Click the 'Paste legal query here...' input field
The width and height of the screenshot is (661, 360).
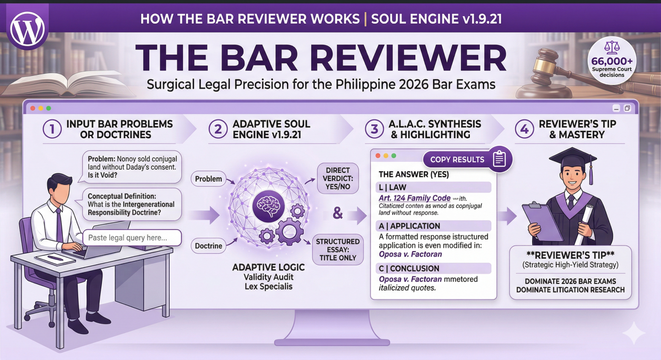[x=133, y=238]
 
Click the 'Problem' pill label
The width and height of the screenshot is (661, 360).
[x=209, y=178]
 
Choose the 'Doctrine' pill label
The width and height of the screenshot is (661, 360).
[x=209, y=246]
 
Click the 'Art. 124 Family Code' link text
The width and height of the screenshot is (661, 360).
[x=414, y=198]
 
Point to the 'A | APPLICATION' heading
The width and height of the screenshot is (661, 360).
[x=410, y=226]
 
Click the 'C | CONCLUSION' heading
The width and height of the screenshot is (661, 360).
[x=409, y=268]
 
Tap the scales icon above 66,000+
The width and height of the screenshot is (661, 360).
[x=609, y=47]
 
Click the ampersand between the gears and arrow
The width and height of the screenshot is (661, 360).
[x=337, y=212]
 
